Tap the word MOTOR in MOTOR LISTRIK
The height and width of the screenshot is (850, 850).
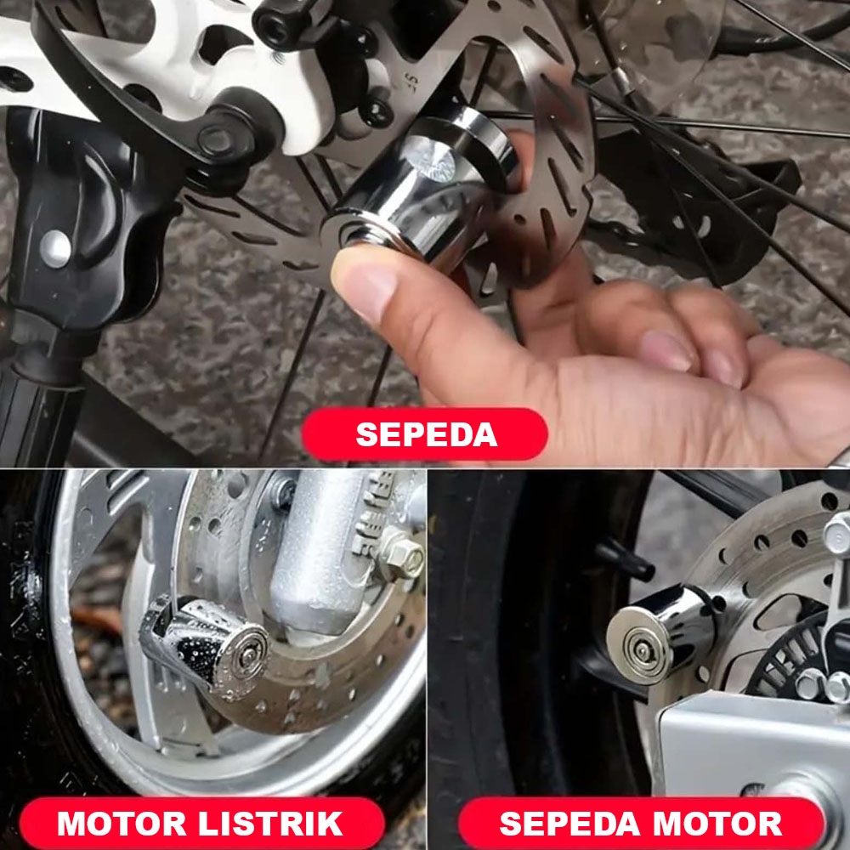click(122, 824)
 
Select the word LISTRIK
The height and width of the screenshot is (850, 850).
click(270, 824)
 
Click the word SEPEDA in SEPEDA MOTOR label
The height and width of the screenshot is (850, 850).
click(569, 824)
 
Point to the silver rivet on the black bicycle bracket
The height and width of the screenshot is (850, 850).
click(55, 249)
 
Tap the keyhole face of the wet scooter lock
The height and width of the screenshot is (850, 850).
click(246, 656)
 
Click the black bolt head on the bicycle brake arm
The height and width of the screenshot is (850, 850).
click(216, 139)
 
